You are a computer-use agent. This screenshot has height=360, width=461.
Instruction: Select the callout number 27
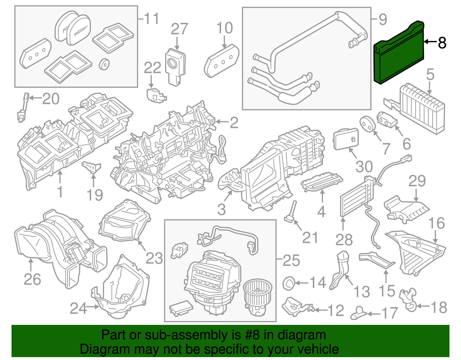(179, 29)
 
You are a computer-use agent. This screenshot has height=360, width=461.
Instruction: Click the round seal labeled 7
(368, 124)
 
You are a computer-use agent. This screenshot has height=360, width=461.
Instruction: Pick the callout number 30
(364, 167)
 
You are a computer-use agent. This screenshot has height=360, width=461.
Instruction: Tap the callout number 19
(95, 195)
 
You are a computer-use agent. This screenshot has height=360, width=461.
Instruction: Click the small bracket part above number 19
(92, 167)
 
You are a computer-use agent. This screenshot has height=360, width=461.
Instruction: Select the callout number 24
(78, 308)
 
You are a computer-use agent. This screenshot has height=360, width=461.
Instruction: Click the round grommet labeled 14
(288, 283)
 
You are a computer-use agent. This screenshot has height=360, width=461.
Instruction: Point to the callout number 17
(390, 313)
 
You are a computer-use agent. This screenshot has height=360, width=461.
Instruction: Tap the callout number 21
(310, 238)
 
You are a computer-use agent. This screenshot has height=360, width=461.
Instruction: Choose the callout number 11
(151, 19)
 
